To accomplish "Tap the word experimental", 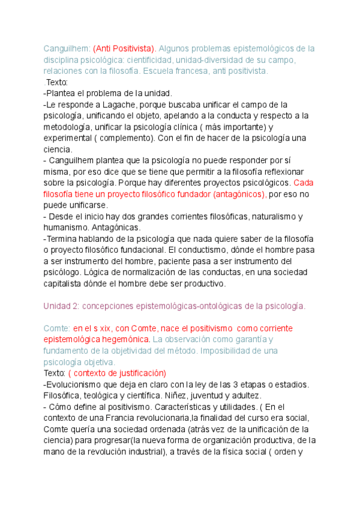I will point(68,138).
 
